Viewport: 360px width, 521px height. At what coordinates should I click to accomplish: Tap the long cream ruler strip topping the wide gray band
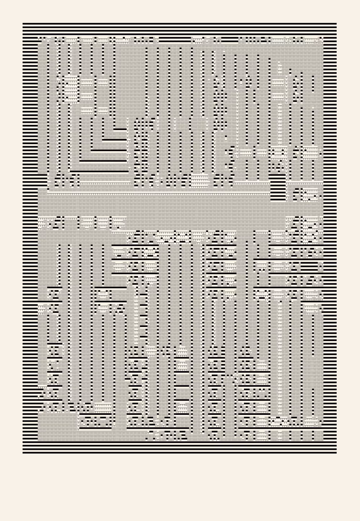[158, 194]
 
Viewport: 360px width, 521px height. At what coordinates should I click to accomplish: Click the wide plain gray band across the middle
[162, 207]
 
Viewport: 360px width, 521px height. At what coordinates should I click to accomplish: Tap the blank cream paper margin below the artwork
[180, 486]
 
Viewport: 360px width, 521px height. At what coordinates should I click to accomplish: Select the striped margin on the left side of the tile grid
[30, 252]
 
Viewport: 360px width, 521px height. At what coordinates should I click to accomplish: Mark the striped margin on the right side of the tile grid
[330, 252]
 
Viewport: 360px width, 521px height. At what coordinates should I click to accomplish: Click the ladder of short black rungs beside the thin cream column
[144, 317]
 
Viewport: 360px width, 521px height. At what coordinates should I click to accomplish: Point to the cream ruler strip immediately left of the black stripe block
[252, 184]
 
